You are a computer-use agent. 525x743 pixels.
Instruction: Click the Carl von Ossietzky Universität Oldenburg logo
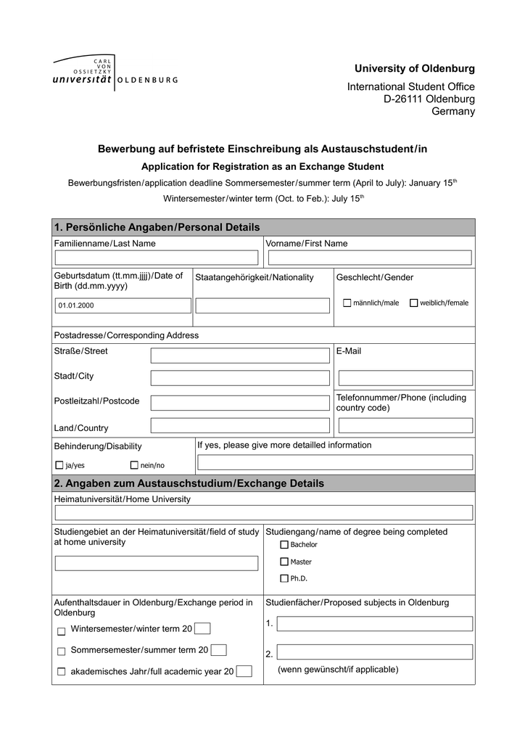pyautogui.click(x=115, y=73)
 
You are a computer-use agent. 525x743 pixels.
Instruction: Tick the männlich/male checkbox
pyautogui.click(x=347, y=303)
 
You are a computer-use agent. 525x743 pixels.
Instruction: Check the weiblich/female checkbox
pyautogui.click(x=413, y=303)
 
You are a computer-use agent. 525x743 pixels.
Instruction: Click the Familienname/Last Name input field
pyautogui.click(x=157, y=258)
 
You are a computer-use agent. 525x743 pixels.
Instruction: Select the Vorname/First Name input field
pyautogui.click(x=368, y=258)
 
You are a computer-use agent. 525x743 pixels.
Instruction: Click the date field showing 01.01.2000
pyautogui.click(x=123, y=305)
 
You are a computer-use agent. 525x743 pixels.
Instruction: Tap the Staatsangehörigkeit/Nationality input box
pyautogui.click(x=262, y=305)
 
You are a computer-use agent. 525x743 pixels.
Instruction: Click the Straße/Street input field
pyautogui.click(x=239, y=355)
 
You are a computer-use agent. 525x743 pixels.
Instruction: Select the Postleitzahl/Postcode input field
pyautogui.click(x=239, y=403)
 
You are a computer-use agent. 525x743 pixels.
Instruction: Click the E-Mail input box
pyautogui.click(x=405, y=378)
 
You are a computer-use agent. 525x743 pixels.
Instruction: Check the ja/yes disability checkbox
pyautogui.click(x=59, y=464)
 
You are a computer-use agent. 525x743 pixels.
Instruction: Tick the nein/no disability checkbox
pyautogui.click(x=134, y=464)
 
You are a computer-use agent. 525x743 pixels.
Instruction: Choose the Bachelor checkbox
pyautogui.click(x=284, y=544)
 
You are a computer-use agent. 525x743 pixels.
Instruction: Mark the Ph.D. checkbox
pyautogui.click(x=284, y=578)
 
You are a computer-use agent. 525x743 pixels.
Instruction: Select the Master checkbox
pyautogui.click(x=284, y=562)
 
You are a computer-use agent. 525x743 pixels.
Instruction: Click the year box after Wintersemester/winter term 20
pyautogui.click(x=202, y=628)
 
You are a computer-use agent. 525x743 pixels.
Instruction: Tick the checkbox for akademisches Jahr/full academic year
pyautogui.click(x=61, y=672)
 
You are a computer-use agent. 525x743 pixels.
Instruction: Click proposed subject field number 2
pyautogui.click(x=374, y=652)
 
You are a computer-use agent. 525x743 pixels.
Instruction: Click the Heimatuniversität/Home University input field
pyautogui.click(x=263, y=513)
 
